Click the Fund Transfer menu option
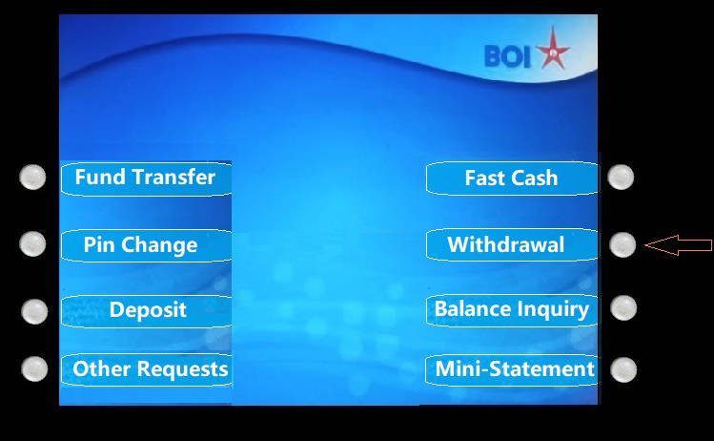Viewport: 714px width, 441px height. (146, 178)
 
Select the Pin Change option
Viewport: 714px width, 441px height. (146, 245)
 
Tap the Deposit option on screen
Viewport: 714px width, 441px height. (146, 311)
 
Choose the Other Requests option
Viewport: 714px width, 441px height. (146, 369)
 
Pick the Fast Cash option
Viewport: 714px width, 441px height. (512, 178)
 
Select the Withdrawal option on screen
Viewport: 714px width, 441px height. (512, 244)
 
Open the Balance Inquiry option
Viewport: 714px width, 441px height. (512, 310)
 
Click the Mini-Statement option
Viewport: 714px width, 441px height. (512, 369)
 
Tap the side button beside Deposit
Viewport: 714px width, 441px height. (34, 312)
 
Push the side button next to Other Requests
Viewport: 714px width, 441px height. (34, 369)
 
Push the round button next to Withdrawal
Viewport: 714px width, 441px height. (622, 245)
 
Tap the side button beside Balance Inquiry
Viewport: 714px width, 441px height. (623, 307)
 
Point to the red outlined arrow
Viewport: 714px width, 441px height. (679, 245)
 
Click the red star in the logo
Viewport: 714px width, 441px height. (553, 50)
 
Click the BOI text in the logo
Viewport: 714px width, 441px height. (508, 56)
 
